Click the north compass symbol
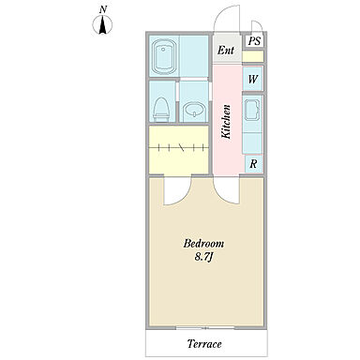[102, 24]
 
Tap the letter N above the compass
[102, 10]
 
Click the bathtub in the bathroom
[163, 56]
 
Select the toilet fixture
[161, 109]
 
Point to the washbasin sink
[194, 110]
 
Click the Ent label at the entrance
[226, 50]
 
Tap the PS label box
[255, 41]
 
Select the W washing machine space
[252, 79]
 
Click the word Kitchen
[226, 122]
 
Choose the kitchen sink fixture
[252, 110]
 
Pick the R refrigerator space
[253, 164]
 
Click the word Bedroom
[203, 243]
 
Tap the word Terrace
[204, 344]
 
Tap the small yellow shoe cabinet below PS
[252, 56]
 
